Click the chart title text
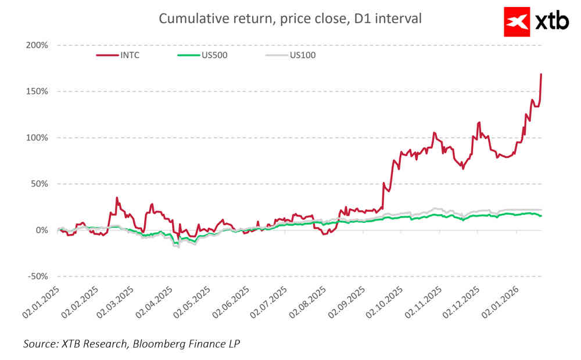click(x=290, y=19)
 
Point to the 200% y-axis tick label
click(x=37, y=45)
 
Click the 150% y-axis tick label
click(x=37, y=92)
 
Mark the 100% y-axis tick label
click(x=37, y=138)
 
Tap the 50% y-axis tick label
click(x=39, y=184)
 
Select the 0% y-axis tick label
click(x=41, y=231)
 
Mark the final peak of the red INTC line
click(x=541, y=74)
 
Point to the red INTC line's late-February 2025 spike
click(x=117, y=198)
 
